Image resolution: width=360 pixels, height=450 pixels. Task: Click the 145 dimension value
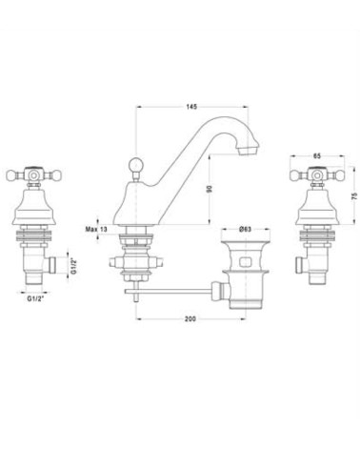[x=191, y=107]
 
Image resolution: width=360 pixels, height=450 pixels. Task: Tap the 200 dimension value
[x=190, y=318]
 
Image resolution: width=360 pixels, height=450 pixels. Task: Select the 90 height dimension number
[x=209, y=189]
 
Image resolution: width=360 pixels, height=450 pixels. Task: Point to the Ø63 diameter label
[x=245, y=229]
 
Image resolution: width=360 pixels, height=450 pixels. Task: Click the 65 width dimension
[x=317, y=156]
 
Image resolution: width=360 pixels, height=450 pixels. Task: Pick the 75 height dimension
[x=355, y=196]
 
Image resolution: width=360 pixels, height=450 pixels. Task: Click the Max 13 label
[x=96, y=229]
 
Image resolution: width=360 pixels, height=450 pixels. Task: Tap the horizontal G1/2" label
[x=35, y=298]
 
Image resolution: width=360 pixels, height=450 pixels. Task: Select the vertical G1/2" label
[x=73, y=266]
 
